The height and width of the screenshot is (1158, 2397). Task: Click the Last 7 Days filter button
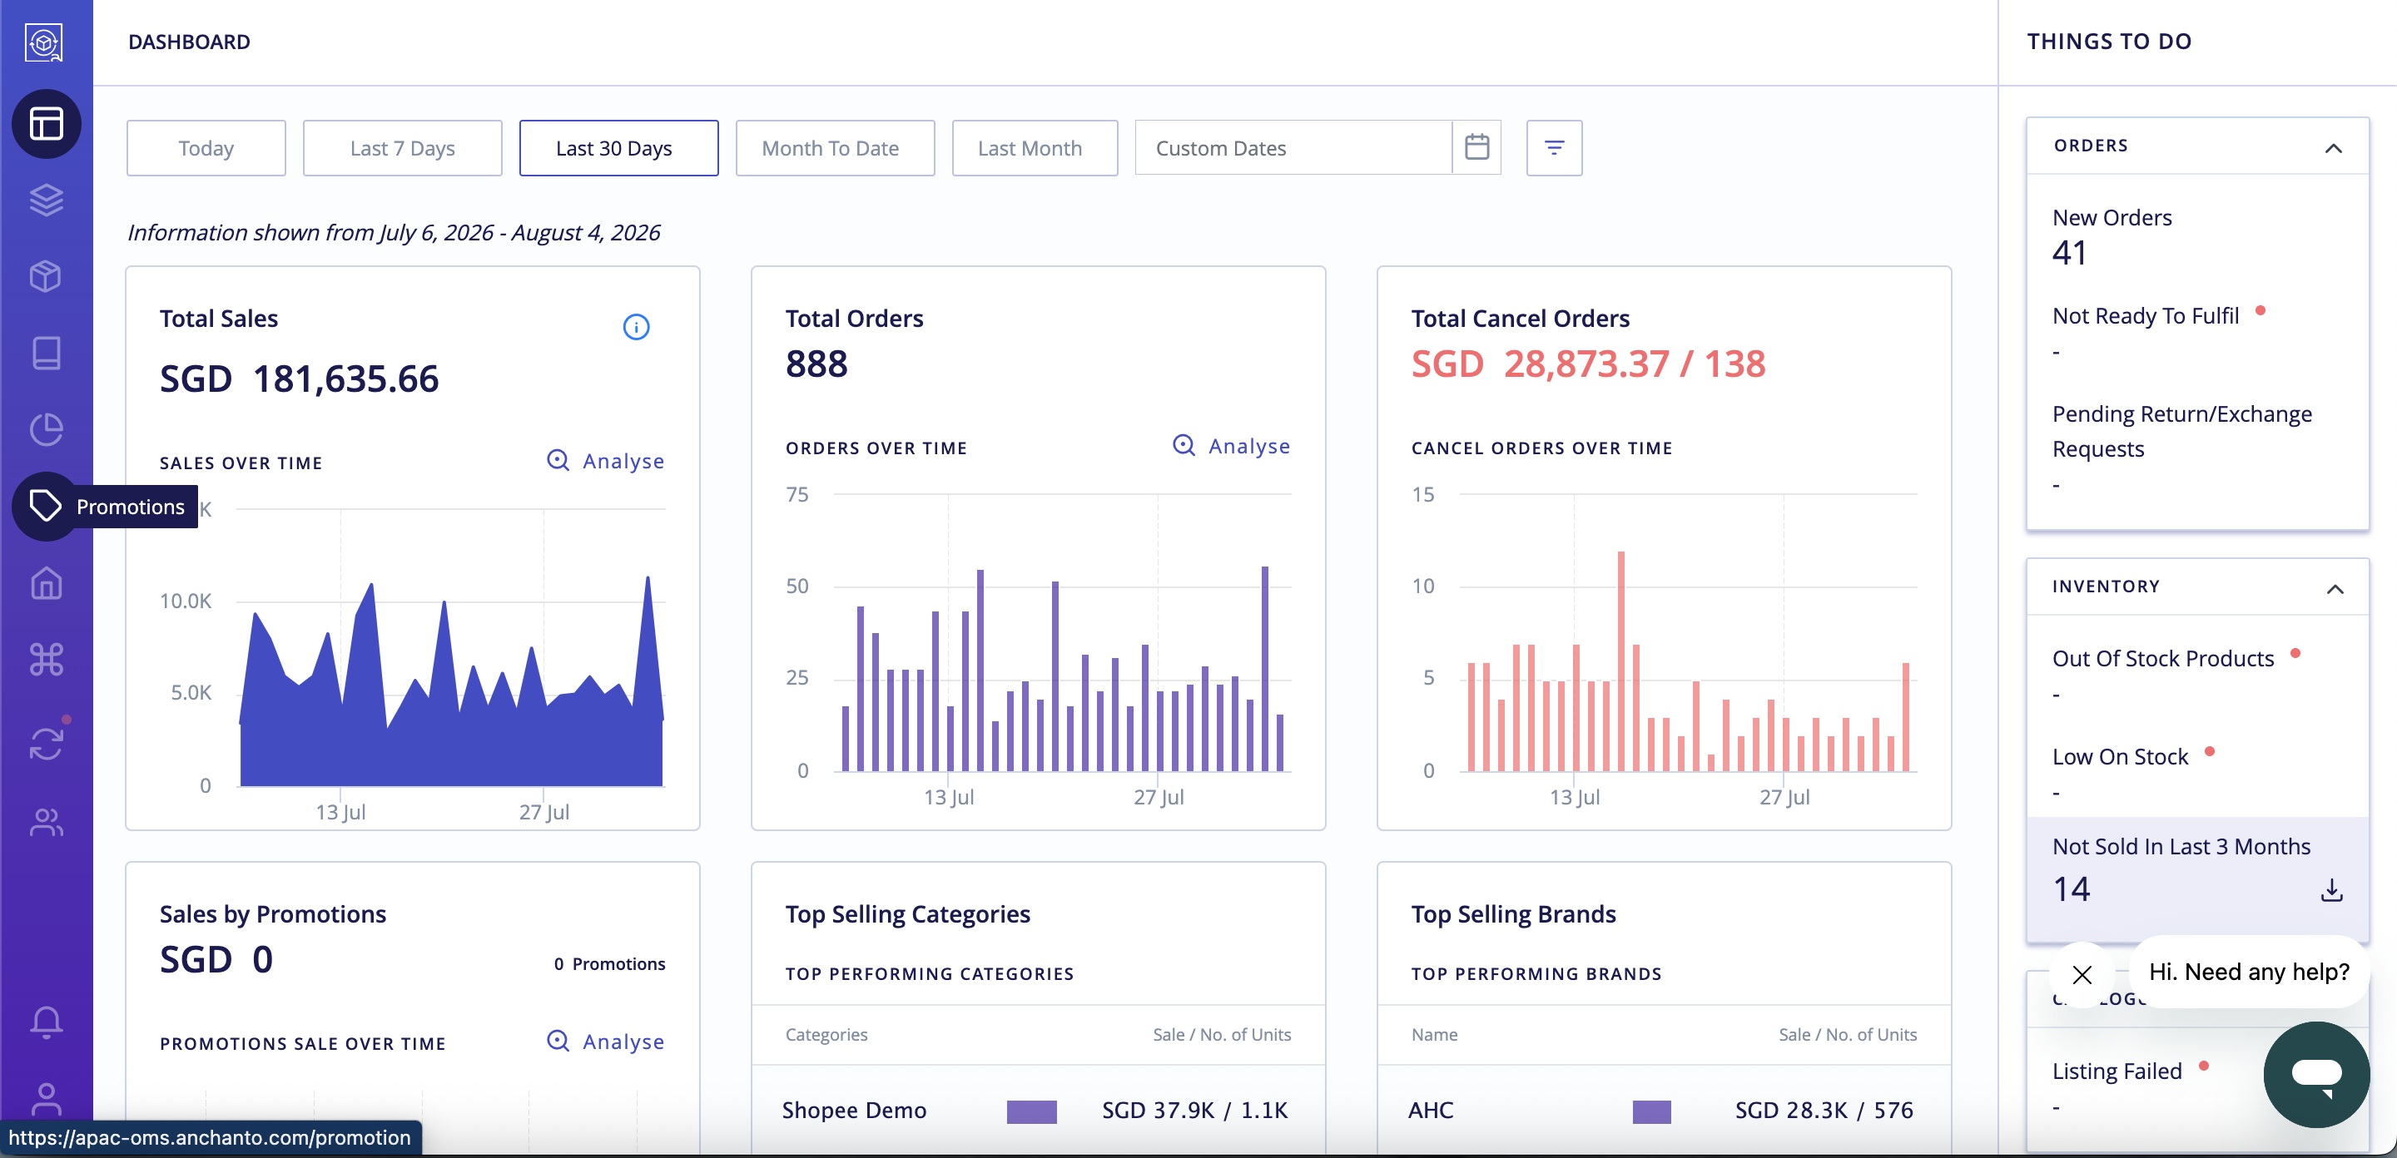402,148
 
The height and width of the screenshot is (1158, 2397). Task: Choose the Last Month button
1034,148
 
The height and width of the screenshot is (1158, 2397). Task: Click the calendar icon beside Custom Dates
1476,147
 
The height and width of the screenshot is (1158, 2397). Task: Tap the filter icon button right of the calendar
1554,148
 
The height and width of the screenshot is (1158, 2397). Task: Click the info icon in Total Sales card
637,326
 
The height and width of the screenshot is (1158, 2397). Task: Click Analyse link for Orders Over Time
1231,446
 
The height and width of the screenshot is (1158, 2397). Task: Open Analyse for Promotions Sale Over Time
606,1041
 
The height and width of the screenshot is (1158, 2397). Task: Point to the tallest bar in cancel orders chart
1621,661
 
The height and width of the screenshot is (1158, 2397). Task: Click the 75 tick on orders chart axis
797,494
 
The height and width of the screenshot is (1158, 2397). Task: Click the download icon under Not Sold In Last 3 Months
2331,890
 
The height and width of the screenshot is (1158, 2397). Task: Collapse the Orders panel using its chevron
2333,148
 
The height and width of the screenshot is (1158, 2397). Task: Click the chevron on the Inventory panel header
2335,589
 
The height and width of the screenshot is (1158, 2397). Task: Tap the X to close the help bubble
2082,974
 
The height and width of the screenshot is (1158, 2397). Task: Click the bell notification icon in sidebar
47,1022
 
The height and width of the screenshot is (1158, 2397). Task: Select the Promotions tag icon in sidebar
46,506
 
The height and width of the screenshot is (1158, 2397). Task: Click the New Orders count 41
2069,253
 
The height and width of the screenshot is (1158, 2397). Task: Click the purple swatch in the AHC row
1651,1111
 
